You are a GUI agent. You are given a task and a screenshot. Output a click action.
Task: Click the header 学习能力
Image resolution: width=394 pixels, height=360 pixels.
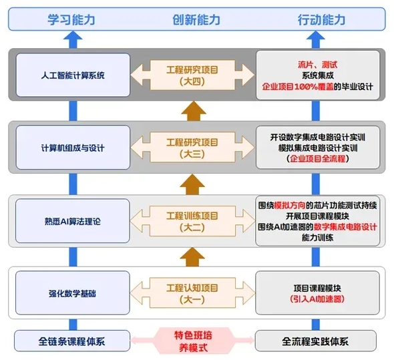click(x=69, y=20)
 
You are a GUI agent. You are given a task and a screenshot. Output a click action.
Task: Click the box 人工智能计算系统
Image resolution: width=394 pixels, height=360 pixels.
click(x=71, y=75)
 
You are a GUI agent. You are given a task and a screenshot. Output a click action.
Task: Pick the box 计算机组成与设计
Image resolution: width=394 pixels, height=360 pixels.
click(x=71, y=147)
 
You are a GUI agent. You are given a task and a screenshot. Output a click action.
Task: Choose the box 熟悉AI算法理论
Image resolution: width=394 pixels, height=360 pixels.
click(x=71, y=220)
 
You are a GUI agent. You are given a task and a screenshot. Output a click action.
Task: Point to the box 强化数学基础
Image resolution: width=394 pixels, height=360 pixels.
click(x=71, y=292)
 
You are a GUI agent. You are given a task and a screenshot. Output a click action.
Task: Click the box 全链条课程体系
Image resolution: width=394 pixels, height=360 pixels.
click(x=71, y=341)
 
